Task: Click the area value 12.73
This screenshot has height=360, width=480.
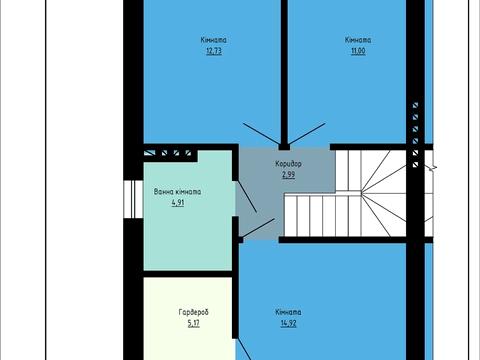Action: coord(214,51)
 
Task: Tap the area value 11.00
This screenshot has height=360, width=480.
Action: coord(358,51)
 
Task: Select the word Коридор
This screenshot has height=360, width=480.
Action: coord(289,164)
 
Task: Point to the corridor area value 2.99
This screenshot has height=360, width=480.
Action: coord(289,175)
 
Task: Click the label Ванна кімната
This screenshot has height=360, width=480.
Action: coord(177,192)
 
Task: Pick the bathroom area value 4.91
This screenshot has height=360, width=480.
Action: coord(178,203)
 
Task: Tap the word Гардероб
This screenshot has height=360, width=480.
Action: coord(194,312)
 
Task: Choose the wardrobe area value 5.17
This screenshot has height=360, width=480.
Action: coord(194,323)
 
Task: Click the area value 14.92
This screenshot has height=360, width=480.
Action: coord(288,323)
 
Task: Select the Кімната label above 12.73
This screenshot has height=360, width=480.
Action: coord(214,40)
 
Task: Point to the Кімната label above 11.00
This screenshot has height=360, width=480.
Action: coord(358,40)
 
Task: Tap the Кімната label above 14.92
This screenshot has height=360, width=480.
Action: coord(288,312)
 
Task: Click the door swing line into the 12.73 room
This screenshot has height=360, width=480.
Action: coord(261,134)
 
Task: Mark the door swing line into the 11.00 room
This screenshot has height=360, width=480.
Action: coord(307,134)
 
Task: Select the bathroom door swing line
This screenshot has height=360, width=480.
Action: coord(247,197)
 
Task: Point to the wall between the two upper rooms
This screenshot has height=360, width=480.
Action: coord(284,72)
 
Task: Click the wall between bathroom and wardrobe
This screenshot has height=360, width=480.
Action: coord(188,274)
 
